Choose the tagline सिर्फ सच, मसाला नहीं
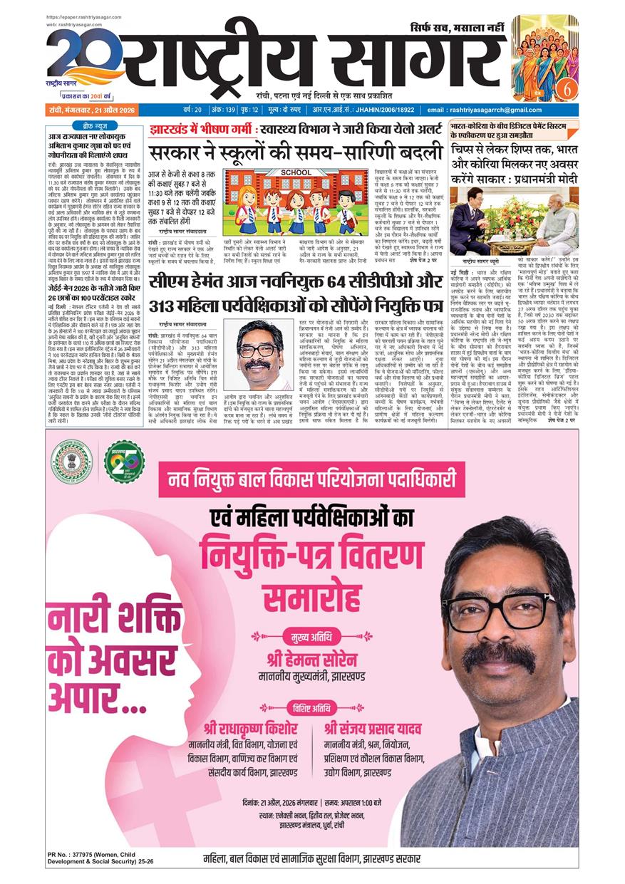[456, 27]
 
